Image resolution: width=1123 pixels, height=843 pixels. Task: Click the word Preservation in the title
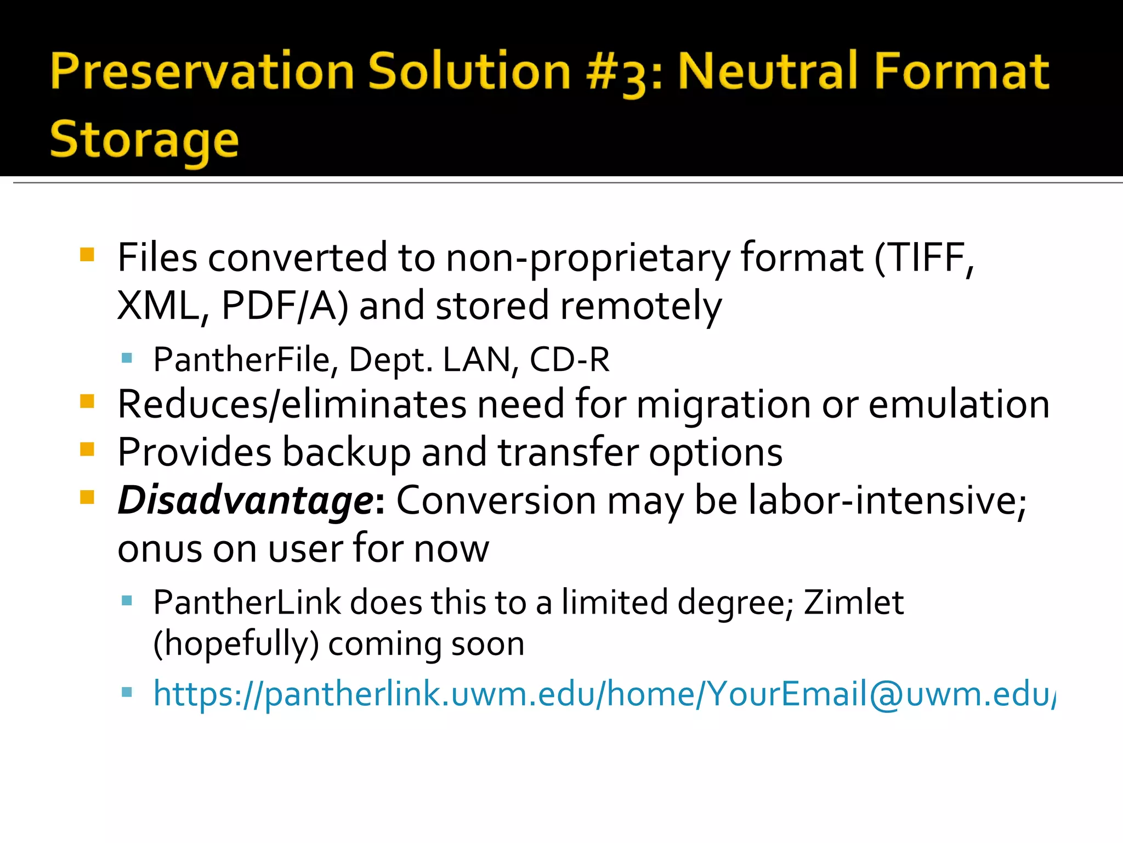[x=202, y=71]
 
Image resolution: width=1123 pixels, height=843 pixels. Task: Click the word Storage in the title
[x=144, y=139]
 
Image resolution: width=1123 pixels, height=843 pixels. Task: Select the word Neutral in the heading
[x=768, y=71]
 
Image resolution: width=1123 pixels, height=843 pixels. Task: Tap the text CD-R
[x=569, y=359]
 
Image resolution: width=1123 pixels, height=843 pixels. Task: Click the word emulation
[x=959, y=404]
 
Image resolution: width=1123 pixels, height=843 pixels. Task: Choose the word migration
[x=724, y=404]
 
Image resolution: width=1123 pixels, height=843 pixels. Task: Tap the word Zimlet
[x=853, y=603]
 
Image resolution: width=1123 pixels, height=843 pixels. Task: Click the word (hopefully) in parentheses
[x=236, y=643]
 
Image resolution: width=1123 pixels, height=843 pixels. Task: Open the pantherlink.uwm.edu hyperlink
[x=603, y=694]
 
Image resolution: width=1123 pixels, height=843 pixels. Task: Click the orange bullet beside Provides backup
[x=87, y=450]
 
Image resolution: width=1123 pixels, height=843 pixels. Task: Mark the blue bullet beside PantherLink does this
[x=127, y=600]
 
